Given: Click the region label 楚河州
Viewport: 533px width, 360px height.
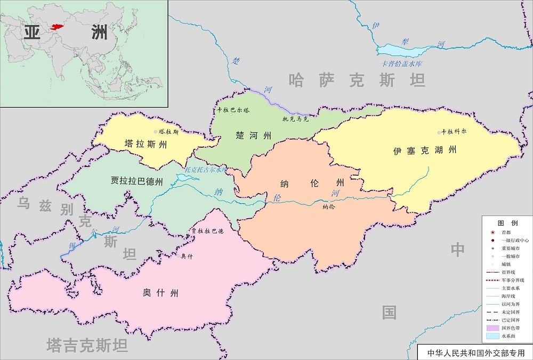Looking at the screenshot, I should pos(254,135).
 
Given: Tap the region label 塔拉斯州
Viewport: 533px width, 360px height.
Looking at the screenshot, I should pos(146,143).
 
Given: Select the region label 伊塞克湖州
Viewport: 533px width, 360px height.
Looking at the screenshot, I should pos(425,150).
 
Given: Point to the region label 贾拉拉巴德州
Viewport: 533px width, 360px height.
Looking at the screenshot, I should pos(136,180).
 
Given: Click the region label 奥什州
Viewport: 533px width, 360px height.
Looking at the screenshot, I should pos(160,293).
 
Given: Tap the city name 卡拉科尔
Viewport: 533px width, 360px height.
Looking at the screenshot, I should pos(454,132).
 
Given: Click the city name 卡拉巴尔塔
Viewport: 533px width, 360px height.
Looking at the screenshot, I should pos(233,110).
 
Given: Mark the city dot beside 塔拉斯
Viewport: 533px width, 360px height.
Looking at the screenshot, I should pos(156,131).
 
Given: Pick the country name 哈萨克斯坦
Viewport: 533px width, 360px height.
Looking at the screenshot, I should pos(357,81).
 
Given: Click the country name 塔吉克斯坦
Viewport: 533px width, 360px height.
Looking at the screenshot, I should pos(87,346).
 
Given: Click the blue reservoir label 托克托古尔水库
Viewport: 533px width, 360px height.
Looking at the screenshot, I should pos(206,170).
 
